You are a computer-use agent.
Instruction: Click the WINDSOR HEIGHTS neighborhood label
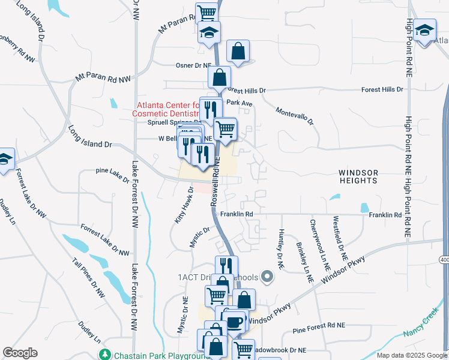(359, 176)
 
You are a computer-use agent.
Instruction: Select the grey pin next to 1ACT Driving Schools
(268, 277)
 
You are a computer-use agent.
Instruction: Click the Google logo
(20, 353)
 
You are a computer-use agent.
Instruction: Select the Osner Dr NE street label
(193, 65)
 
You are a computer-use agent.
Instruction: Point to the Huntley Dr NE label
(281, 248)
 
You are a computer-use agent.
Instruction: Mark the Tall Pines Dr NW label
(89, 278)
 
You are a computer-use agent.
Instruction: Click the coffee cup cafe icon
(235, 323)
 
